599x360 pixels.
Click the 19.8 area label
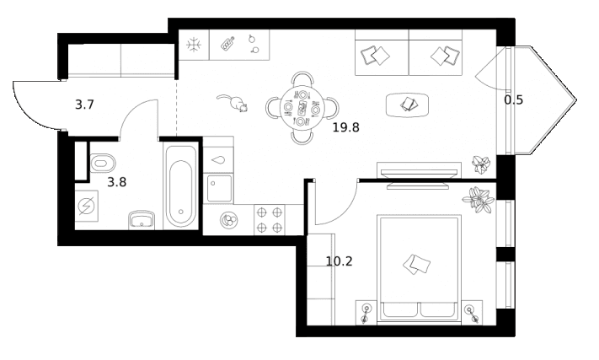coord(345,127)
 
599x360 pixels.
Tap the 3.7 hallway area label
coord(84,105)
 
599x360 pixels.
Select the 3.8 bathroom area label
coord(116,182)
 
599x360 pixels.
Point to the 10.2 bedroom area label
coord(339,261)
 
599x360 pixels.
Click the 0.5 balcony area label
coord(513,100)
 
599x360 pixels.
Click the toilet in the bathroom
coord(103,164)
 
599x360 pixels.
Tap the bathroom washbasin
coord(142,220)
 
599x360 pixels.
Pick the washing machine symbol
coord(86,207)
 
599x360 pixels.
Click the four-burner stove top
coord(270,220)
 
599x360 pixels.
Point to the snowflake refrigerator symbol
coord(194,45)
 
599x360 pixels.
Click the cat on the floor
coord(234,102)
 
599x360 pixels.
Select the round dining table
coord(302,108)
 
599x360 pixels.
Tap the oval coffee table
coord(407,105)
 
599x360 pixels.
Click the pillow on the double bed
coord(416,264)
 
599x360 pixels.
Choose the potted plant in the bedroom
coord(479,200)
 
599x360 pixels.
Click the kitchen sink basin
coord(219,188)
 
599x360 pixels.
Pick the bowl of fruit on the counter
coord(229,220)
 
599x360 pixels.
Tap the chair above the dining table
coord(302,79)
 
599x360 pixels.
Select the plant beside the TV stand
coord(480,164)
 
